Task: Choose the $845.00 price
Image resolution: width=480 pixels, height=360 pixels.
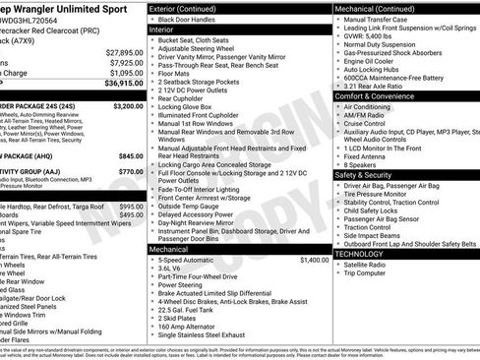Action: coord(131,156)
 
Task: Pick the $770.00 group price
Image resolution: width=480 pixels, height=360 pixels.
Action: coord(131,171)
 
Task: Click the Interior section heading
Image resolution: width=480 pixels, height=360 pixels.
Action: coord(161,30)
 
